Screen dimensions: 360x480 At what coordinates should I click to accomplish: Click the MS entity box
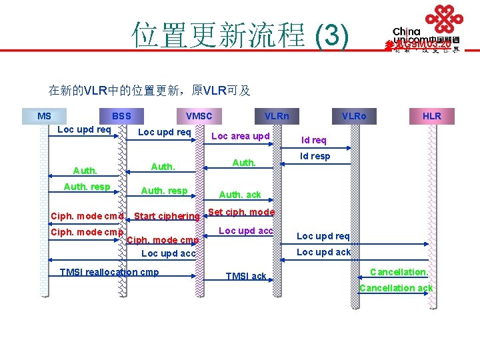44,116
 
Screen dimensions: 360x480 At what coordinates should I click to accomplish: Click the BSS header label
121,116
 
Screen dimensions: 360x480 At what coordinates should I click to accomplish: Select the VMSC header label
199,116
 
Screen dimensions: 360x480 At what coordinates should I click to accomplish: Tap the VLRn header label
277,116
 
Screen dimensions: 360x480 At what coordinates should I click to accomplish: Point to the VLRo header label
354,116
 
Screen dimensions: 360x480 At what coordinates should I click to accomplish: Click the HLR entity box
432,116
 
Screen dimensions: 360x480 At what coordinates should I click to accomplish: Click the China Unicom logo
425,29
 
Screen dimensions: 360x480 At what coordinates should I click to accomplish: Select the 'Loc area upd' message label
240,136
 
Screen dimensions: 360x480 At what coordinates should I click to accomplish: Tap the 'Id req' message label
314,140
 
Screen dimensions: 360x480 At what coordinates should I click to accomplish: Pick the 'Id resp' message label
315,157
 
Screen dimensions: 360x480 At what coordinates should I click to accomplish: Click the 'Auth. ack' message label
240,195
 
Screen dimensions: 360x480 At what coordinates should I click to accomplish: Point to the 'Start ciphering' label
167,216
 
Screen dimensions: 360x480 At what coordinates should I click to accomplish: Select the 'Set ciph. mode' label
241,213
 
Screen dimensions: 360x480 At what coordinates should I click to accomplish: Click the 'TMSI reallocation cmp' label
109,271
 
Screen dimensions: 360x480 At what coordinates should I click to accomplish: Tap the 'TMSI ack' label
246,276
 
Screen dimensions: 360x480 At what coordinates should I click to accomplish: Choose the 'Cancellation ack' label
396,288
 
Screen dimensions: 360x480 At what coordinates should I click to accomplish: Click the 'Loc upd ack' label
323,252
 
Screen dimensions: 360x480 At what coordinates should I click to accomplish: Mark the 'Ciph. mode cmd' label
87,216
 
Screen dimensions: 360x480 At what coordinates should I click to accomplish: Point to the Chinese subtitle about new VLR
149,90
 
